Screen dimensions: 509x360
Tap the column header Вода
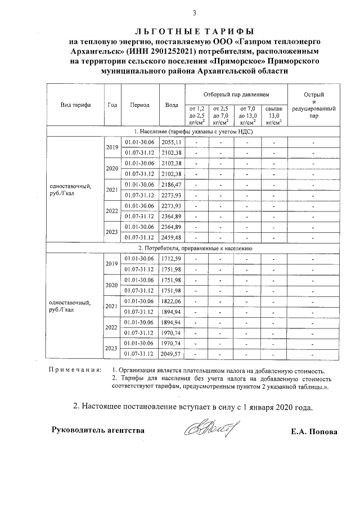(x=172, y=105)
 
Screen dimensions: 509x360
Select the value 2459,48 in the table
(x=172, y=237)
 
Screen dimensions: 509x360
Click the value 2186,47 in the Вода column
(x=172, y=184)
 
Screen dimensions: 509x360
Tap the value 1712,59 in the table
(x=172, y=259)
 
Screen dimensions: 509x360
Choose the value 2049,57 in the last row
(x=172, y=354)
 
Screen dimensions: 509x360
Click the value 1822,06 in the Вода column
(x=172, y=301)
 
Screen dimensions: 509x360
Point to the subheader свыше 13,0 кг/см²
(x=274, y=114)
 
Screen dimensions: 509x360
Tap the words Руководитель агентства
(x=98, y=430)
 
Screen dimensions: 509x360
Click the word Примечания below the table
(x=75, y=370)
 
